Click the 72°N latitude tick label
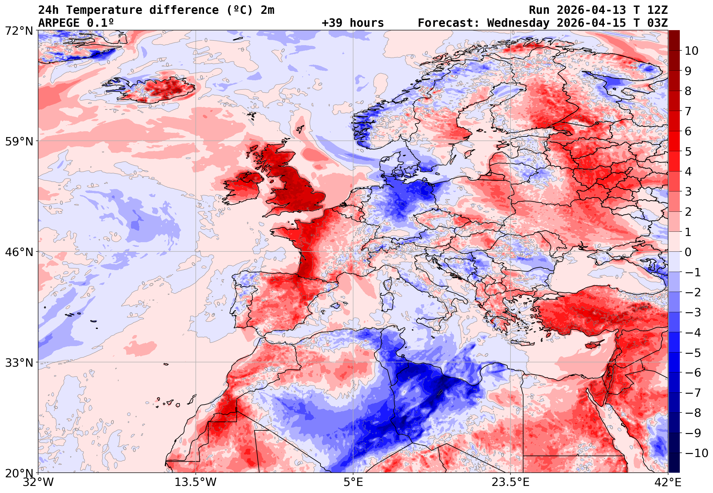coord(19,31)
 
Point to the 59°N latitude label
coord(19,141)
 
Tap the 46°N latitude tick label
coord(19,252)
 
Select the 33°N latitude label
coord(19,363)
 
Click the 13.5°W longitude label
coord(196,482)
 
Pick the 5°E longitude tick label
coord(353,482)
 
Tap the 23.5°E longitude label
coord(510,482)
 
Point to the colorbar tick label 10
coord(691,51)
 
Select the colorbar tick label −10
coord(696,453)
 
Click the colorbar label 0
coord(688,252)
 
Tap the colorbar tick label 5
coord(688,152)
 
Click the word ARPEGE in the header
coord(59,23)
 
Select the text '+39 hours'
coord(353,23)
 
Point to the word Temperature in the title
coord(104,10)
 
